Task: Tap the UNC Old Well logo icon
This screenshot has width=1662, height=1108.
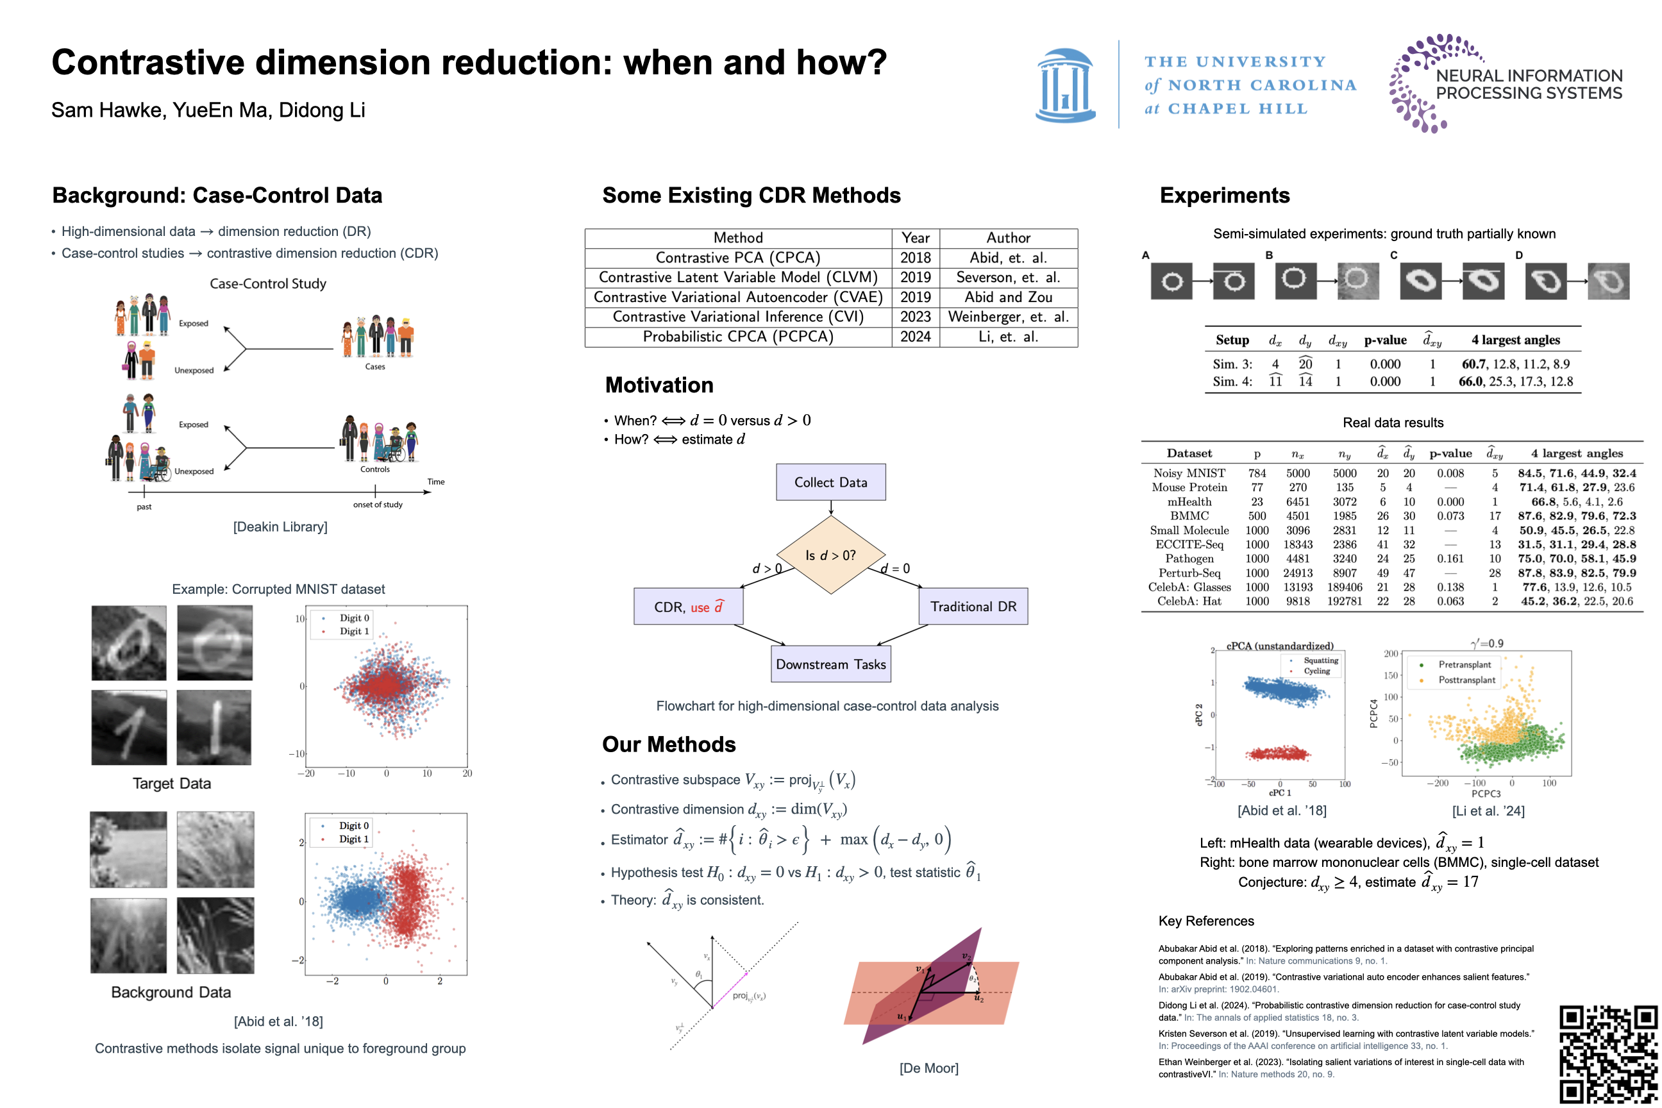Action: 1065,85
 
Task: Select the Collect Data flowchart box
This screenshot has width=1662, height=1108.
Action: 830,482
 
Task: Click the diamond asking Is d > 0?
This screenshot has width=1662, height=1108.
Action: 830,555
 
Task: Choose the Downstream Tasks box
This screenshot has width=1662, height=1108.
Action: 830,664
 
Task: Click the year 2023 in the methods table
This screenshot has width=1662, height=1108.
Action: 915,317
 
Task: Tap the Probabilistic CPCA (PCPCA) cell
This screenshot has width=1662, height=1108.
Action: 738,337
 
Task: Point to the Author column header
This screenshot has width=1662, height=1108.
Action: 1008,238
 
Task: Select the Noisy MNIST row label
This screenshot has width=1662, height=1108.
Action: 1189,473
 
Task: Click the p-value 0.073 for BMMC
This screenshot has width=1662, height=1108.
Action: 1449,516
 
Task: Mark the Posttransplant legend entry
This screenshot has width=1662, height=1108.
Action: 1466,680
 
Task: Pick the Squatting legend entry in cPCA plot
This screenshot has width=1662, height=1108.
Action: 1321,660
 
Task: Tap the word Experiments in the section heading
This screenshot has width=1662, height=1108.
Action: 1225,195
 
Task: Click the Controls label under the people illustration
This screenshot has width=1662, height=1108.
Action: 374,469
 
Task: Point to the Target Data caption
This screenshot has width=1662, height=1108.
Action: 172,783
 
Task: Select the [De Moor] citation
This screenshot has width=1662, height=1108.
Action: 928,1068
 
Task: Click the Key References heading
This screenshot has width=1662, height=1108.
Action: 1205,921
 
